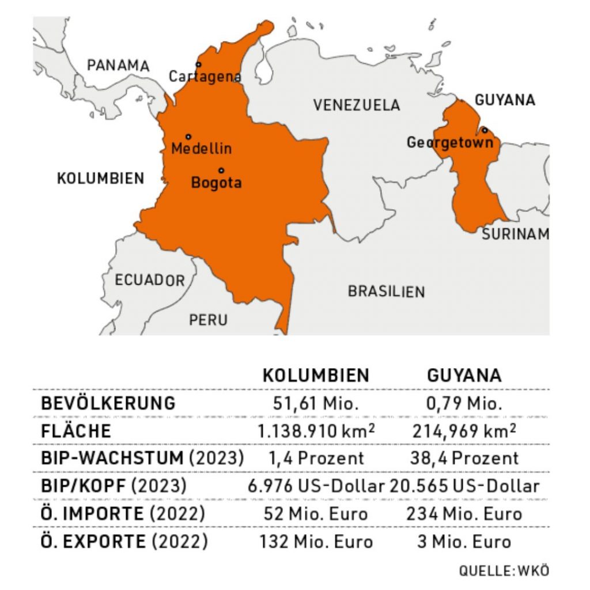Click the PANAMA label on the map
[x=118, y=65]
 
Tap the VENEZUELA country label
[x=356, y=105]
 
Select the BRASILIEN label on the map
[x=386, y=292]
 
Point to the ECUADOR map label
[x=150, y=281]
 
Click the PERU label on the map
[x=208, y=320]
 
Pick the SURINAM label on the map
[x=515, y=234]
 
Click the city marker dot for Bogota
[x=221, y=171]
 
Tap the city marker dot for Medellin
[x=188, y=137]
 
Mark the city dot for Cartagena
[x=199, y=65]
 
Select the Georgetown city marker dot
[x=485, y=130]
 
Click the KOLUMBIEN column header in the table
[x=316, y=376]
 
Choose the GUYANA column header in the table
[x=464, y=376]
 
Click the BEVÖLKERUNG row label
[x=108, y=403]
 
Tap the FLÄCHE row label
[x=75, y=431]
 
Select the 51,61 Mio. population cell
[x=316, y=403]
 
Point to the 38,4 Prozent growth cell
[x=464, y=459]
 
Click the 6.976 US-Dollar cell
[x=316, y=486]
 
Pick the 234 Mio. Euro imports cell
[x=464, y=513]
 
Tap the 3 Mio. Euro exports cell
[x=464, y=542]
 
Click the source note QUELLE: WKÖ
[x=504, y=571]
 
